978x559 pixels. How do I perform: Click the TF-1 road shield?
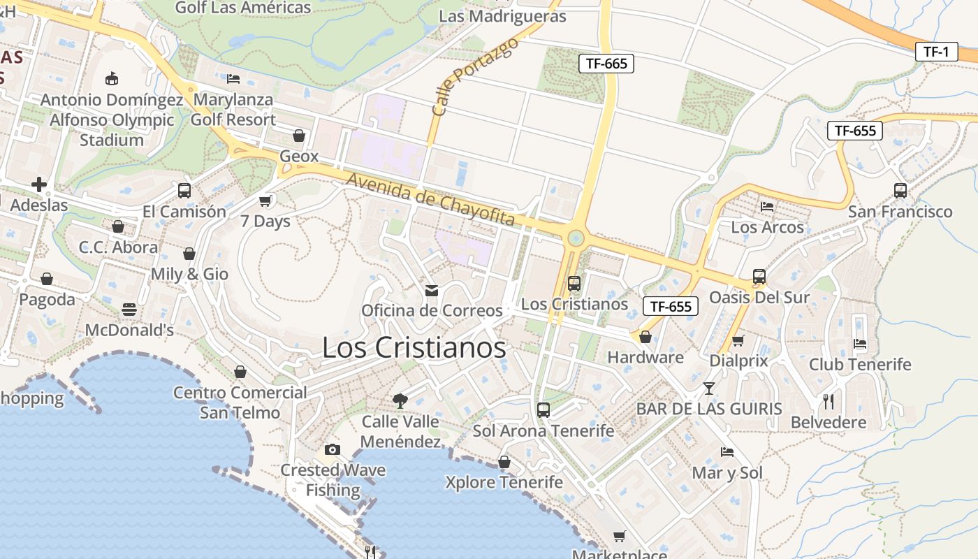[936, 51]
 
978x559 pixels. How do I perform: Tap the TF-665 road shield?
[606, 64]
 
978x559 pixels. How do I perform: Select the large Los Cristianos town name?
[414, 347]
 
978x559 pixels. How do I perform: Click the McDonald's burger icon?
[129, 309]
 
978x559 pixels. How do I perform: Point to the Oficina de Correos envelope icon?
[432, 290]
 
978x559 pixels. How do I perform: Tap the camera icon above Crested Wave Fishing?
[333, 449]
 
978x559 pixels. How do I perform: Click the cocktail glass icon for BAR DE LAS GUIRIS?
[709, 388]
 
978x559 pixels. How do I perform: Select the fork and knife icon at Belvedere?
[829, 401]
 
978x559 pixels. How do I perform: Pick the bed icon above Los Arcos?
[767, 206]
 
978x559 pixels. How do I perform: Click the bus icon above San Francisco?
[900, 190]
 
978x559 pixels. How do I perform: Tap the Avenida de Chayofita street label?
[431, 200]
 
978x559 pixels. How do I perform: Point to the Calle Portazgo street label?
[475, 77]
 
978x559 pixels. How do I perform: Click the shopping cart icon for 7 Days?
[265, 201]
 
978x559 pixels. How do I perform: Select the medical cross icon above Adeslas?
[39, 184]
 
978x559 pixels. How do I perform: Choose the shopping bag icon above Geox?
[299, 136]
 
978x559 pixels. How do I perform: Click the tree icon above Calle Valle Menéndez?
[400, 400]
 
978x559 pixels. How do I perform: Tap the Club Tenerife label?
[860, 364]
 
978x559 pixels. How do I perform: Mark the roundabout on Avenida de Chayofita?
[576, 239]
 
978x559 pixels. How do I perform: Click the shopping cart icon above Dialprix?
[738, 340]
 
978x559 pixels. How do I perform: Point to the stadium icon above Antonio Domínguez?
[112, 78]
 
